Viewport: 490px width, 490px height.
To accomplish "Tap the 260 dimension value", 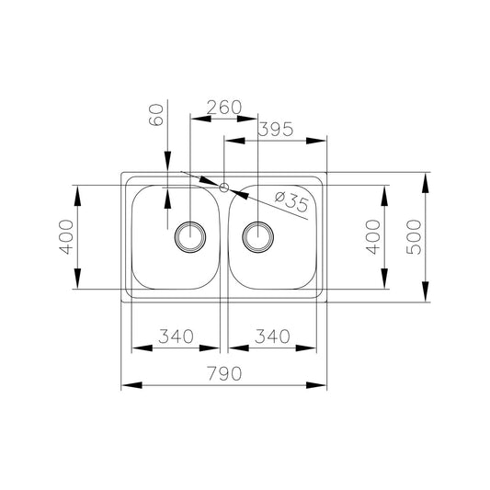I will [224, 107].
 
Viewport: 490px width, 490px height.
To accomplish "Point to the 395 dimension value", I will [275, 130].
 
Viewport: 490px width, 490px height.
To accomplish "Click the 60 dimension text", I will [156, 116].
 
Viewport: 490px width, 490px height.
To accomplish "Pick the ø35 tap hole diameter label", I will [292, 201].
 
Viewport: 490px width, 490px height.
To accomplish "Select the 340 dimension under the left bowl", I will [176, 336].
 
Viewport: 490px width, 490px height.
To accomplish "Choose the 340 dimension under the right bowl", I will [273, 336].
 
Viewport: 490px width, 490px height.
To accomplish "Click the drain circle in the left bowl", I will [191, 236].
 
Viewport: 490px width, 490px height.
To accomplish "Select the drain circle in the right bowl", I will [257, 236].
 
